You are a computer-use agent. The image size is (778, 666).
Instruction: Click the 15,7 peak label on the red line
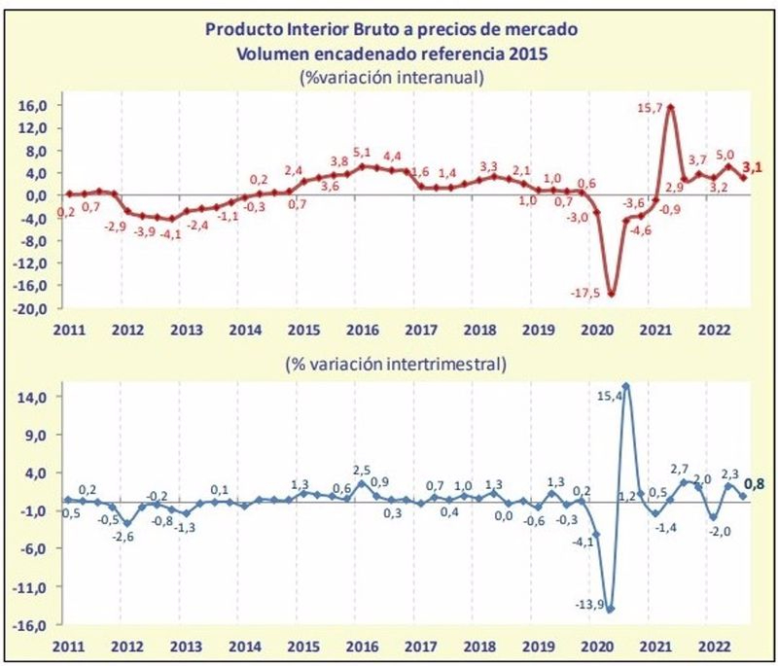pos(648,108)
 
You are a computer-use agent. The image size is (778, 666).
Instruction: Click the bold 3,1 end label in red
pos(753,167)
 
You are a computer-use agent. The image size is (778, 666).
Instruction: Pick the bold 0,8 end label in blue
pos(753,483)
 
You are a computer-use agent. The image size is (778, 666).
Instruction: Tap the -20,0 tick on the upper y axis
pos(33,309)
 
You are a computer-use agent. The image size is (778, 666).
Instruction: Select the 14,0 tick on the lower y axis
pos(35,397)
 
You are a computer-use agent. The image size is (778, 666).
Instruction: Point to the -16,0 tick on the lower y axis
pos(33,625)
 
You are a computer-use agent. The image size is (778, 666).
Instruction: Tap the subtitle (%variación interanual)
pos(392,77)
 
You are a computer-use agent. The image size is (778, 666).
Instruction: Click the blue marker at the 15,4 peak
pos(626,386)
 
